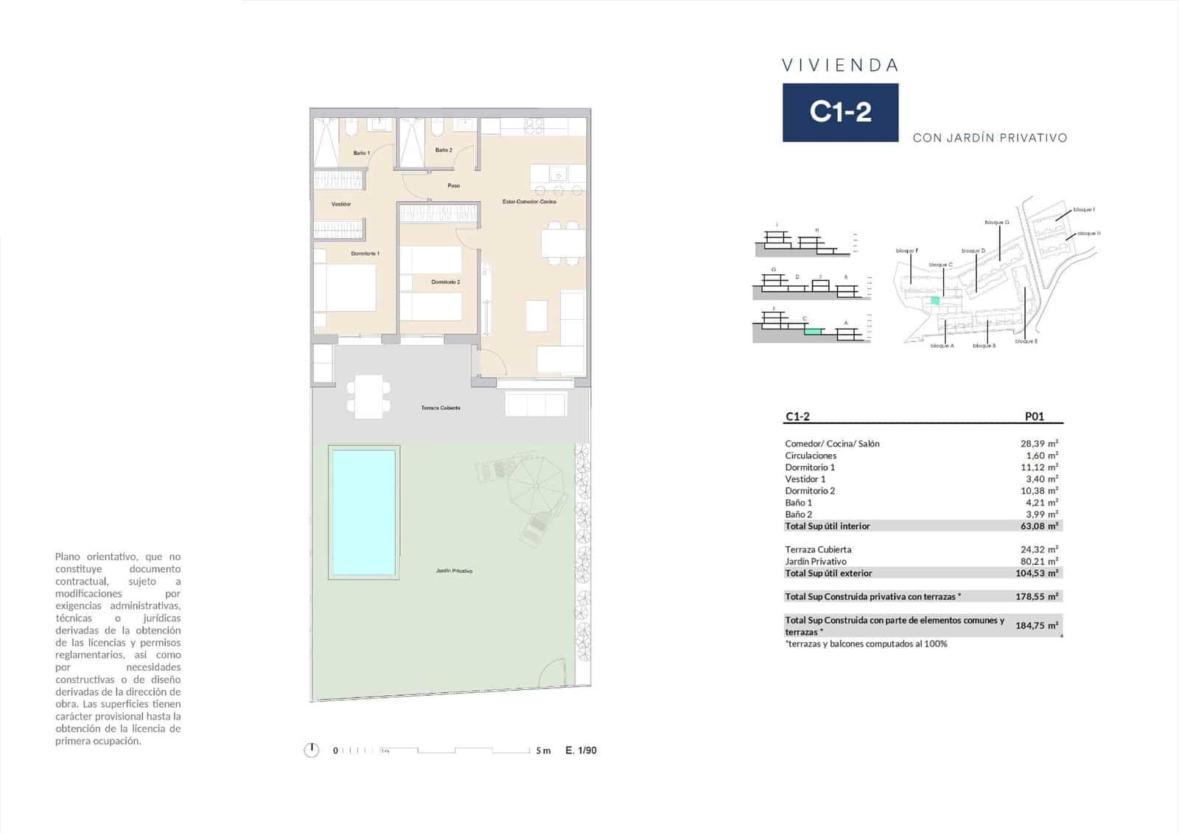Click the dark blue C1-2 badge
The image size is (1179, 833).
click(x=840, y=112)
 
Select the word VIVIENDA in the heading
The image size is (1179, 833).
click(x=840, y=66)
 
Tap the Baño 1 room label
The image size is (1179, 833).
click(x=361, y=153)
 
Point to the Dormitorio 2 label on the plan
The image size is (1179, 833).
click(x=446, y=282)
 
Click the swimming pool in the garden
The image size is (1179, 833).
click(x=364, y=512)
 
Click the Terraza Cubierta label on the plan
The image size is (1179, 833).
click(x=441, y=408)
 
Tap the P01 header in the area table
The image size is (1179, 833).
click(x=1034, y=416)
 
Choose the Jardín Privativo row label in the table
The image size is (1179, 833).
click(x=816, y=562)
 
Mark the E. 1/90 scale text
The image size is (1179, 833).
click(x=581, y=750)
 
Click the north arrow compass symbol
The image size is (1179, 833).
click(x=312, y=750)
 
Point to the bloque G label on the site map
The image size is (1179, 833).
click(x=996, y=222)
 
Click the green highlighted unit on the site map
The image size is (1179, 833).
click(x=935, y=300)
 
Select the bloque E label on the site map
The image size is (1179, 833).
click(x=1026, y=341)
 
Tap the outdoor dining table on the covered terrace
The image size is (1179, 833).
click(x=368, y=397)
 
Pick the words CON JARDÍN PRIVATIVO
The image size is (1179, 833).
click(x=990, y=138)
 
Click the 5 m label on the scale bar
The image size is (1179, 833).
click(x=543, y=750)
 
